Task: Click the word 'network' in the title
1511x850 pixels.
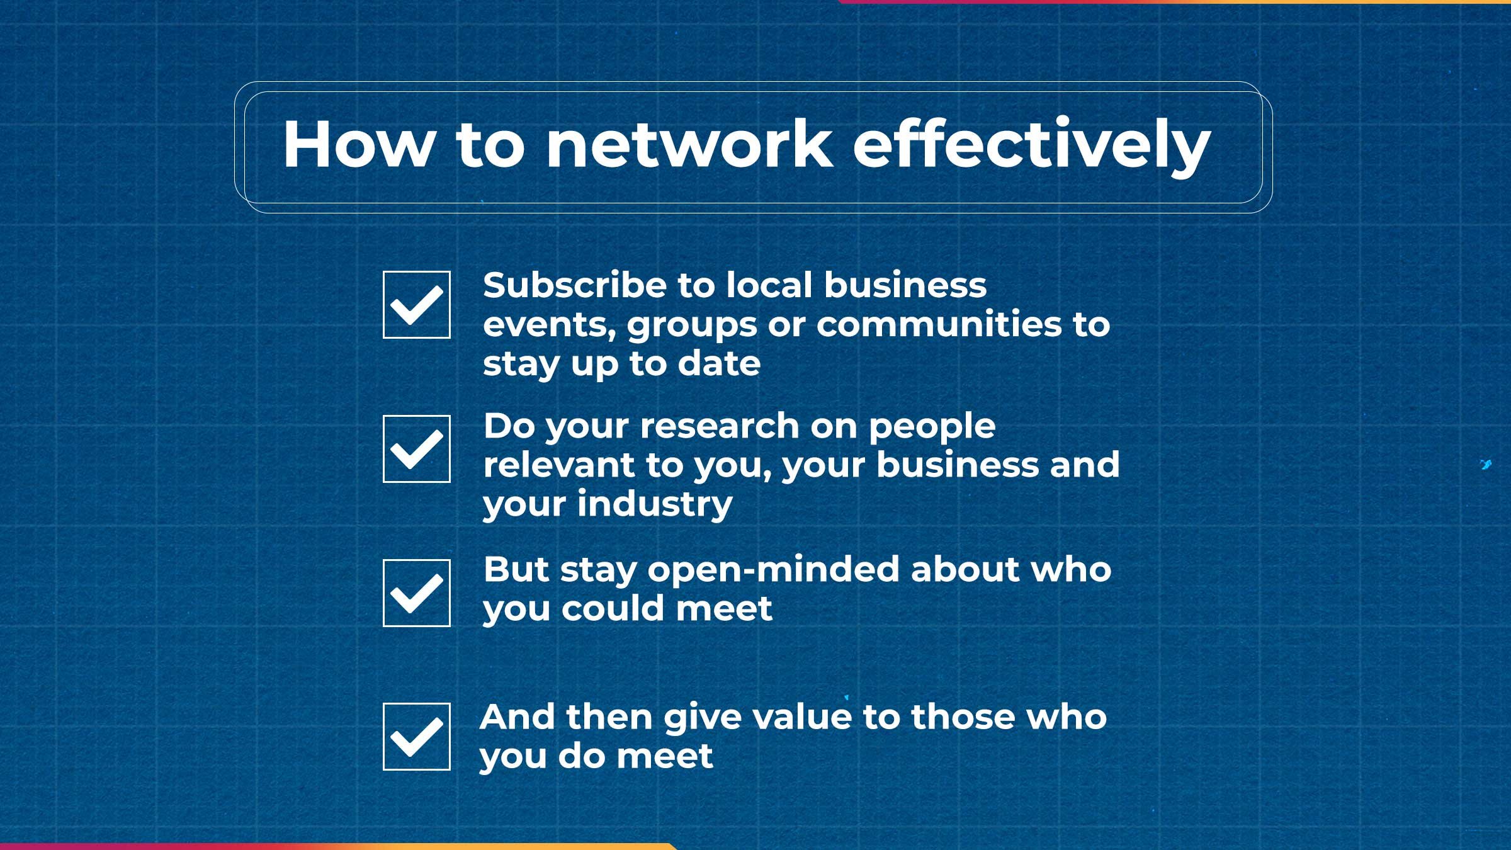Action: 689,145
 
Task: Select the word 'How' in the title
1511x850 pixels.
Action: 359,145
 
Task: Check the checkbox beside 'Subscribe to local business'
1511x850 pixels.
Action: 416,305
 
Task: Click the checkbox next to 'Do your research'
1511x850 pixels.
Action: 416,449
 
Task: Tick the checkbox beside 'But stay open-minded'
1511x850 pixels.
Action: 416,593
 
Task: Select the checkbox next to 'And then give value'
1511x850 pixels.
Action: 416,737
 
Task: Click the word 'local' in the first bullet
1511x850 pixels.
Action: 769,285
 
